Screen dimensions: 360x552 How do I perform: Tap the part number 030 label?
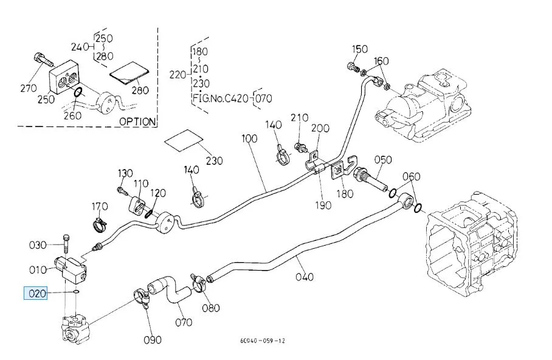click(x=38, y=245)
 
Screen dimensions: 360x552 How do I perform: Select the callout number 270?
click(x=29, y=89)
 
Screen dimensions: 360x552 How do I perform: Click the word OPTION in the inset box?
click(x=137, y=121)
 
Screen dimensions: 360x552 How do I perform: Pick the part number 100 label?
click(x=249, y=139)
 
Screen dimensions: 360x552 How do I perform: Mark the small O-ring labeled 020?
click(x=74, y=292)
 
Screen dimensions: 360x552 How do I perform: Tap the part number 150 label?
click(x=360, y=49)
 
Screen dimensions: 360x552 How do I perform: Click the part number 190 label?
click(x=323, y=205)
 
